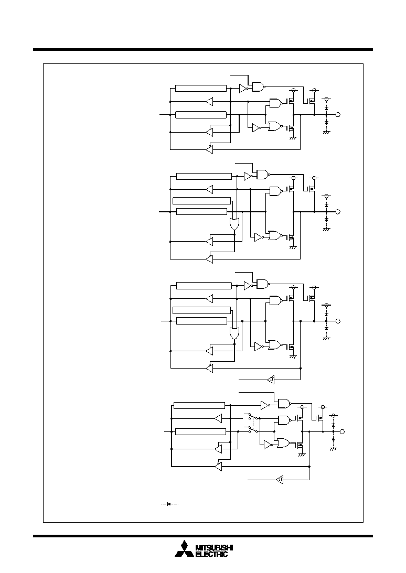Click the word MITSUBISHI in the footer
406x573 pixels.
[215, 548]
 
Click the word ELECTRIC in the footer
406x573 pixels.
[212, 554]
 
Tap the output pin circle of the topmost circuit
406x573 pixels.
[338, 115]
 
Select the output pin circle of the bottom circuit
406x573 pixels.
[343, 431]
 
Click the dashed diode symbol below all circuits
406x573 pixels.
[170, 504]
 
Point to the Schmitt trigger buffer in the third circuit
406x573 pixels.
[271, 380]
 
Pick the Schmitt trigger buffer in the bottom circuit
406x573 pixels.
[280, 479]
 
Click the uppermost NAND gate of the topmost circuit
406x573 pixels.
[259, 87]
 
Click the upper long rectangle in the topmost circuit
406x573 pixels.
[201, 88]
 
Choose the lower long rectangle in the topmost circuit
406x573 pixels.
[201, 115]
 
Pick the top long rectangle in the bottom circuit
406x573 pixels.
[199, 405]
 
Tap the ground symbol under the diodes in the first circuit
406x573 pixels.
[326, 132]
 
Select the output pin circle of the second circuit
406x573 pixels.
[338, 212]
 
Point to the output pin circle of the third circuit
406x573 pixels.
[338, 321]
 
